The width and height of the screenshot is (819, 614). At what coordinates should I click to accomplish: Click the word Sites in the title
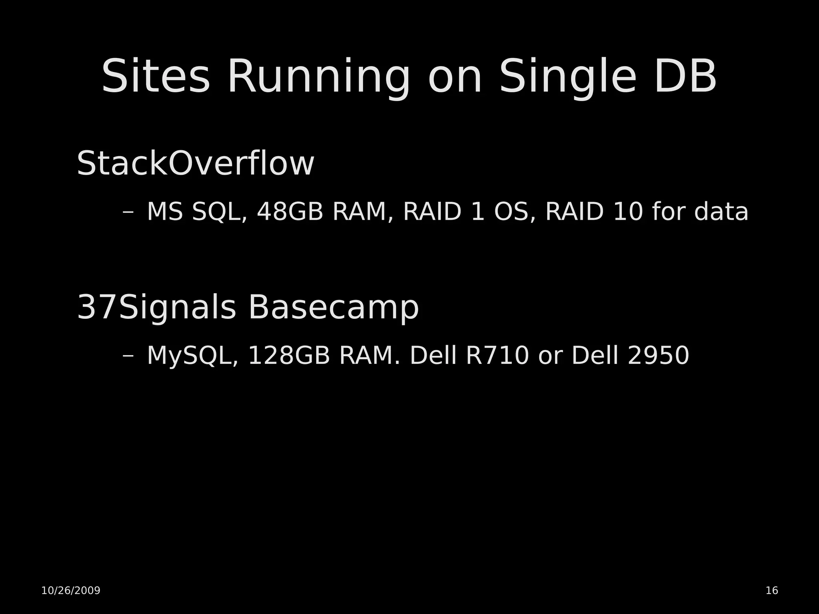coord(156,76)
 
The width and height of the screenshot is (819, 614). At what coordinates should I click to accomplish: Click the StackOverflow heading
coord(195,163)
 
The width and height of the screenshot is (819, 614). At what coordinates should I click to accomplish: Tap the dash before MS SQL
coord(128,212)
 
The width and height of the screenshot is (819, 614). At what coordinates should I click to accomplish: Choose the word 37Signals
coord(156,308)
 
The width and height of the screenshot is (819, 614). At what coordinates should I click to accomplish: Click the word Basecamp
coord(334,308)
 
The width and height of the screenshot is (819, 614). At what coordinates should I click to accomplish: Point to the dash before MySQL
coord(128,356)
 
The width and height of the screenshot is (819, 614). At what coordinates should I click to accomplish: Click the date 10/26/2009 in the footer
coord(71,590)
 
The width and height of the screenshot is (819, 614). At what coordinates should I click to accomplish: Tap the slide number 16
coord(772,590)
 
